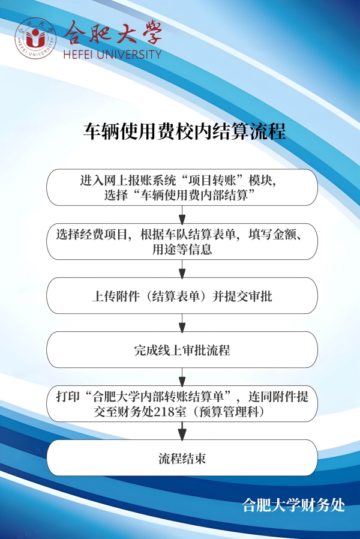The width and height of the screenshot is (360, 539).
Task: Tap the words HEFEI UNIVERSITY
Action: pos(112,54)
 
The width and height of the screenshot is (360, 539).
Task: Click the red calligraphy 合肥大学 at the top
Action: pos(113,33)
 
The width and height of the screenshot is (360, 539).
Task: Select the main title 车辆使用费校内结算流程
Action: pos(184,131)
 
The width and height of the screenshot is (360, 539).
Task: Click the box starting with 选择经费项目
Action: pos(182,241)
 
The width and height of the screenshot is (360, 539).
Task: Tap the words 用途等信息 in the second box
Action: pos(182,249)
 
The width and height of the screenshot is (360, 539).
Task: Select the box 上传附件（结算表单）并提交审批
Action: pos(182,295)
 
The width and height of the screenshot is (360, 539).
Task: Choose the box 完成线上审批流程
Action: pos(182,349)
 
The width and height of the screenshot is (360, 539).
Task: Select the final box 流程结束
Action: pos(182,459)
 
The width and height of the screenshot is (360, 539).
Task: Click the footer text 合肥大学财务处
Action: pos(293,505)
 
